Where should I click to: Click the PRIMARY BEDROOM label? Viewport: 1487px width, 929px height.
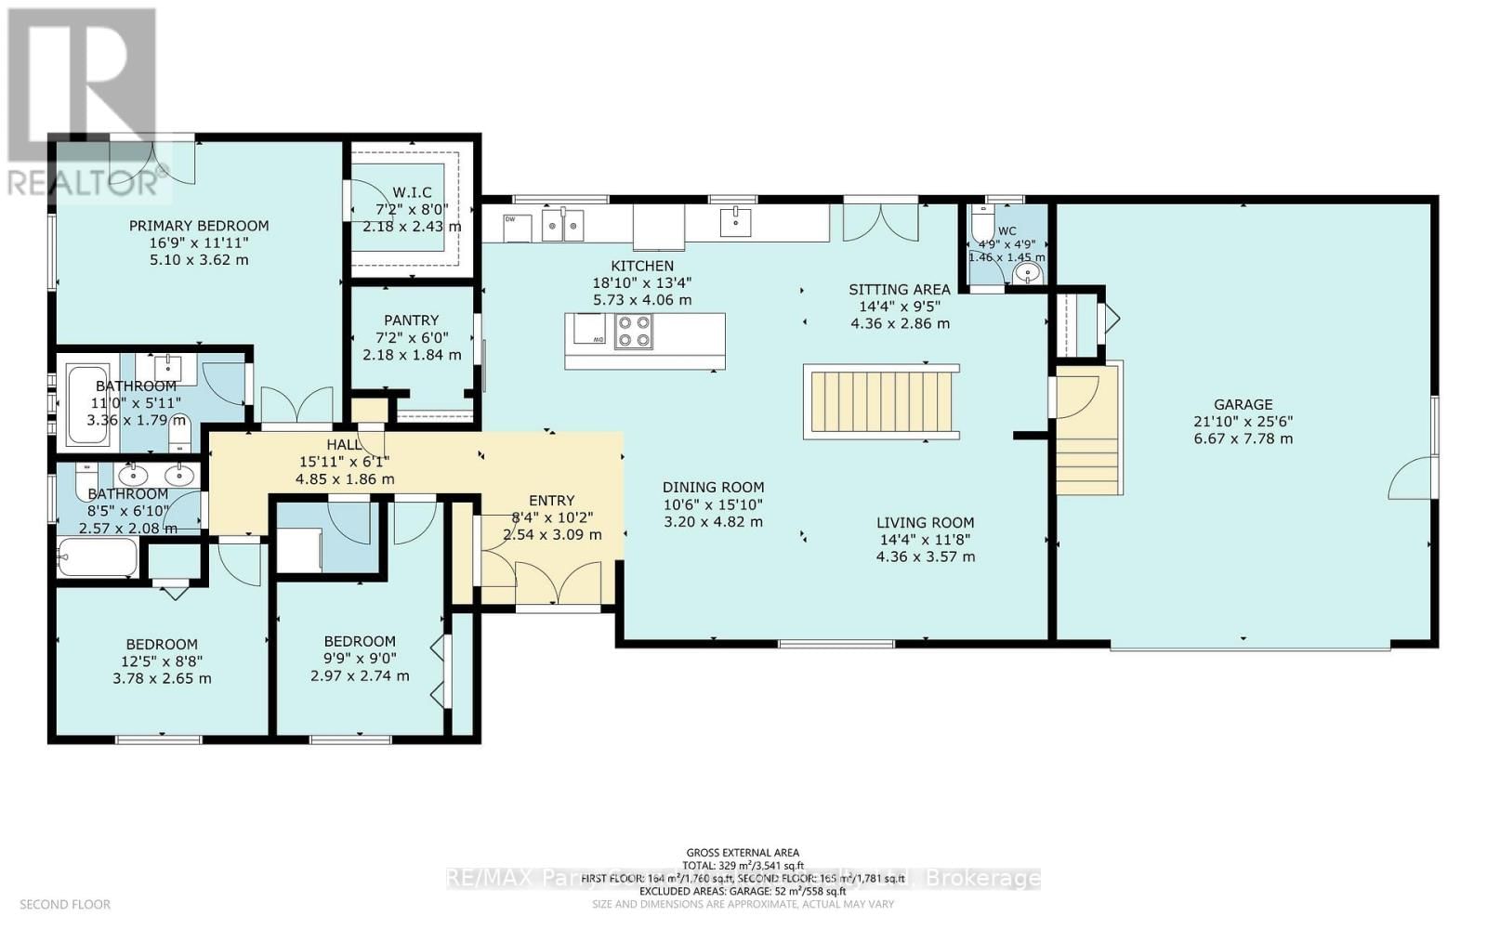(x=199, y=226)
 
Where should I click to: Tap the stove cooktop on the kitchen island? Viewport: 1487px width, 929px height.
(x=634, y=332)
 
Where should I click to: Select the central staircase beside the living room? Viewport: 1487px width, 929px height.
(x=880, y=401)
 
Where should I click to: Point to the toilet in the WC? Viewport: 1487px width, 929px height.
(x=981, y=225)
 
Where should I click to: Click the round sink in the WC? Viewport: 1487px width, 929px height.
(x=1027, y=272)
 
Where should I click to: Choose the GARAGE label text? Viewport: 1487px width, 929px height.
(x=1243, y=404)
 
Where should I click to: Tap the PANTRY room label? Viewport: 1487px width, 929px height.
(x=411, y=321)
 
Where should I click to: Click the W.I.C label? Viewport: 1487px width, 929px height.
(x=411, y=192)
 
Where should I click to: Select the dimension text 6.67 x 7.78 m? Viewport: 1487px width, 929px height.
(x=1243, y=438)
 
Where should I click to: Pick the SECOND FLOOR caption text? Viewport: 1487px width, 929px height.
(x=65, y=904)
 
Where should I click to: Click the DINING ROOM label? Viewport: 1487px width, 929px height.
(x=713, y=487)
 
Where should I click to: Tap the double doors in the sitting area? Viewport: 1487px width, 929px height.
(x=880, y=220)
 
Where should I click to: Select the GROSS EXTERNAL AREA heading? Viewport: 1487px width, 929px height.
(x=743, y=852)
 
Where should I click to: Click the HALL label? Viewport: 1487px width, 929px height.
(x=344, y=445)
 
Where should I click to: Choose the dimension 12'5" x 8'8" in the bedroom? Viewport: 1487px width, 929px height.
(x=162, y=661)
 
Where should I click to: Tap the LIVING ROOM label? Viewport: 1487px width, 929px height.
(x=925, y=522)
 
